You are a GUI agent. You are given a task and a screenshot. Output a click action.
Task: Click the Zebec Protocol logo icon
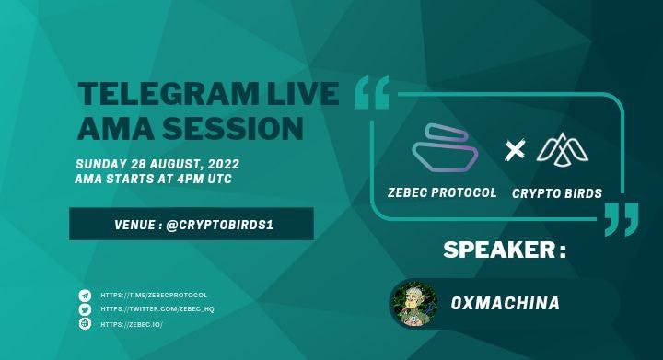tap(444, 148)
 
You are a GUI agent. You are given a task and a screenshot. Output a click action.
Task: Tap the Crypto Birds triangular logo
tap(563, 148)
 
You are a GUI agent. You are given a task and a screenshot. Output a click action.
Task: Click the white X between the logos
tap(515, 150)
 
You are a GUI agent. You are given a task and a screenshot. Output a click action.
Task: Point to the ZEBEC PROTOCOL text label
tap(442, 192)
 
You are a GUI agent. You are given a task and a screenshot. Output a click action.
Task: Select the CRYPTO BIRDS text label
tap(557, 193)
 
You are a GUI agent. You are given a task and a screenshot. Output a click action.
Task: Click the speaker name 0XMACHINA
tap(506, 303)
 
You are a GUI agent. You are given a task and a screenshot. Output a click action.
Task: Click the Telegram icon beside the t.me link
tap(85, 296)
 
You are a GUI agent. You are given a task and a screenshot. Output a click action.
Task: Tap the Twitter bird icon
tap(85, 309)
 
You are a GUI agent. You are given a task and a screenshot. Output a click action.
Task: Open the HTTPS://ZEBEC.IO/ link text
tap(132, 324)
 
